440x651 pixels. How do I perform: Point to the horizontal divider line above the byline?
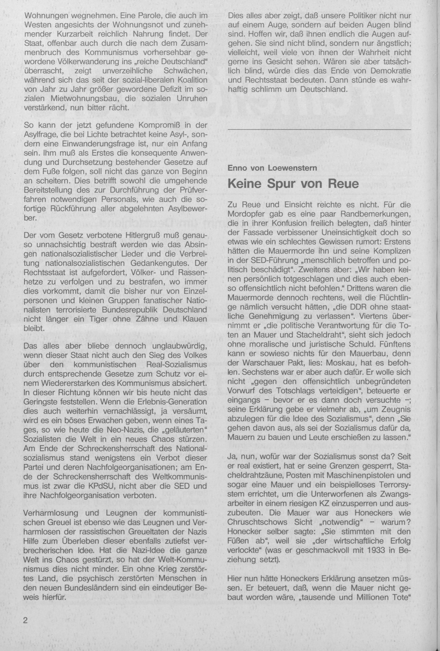click(319, 129)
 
